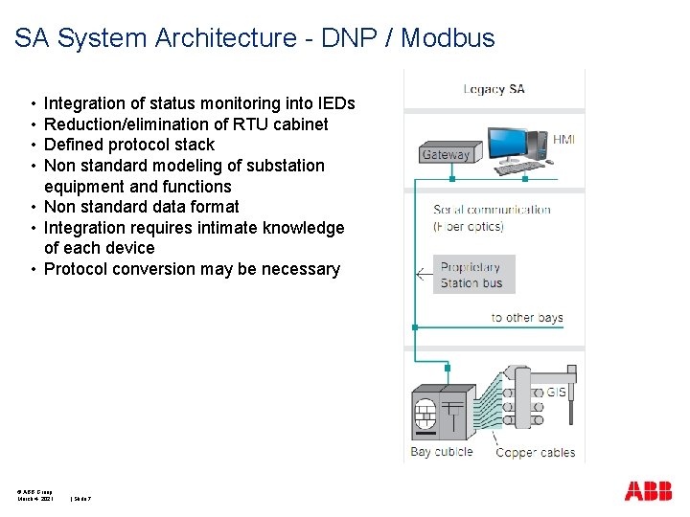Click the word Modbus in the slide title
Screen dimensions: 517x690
pyautogui.click(x=448, y=38)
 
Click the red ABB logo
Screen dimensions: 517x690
pyautogui.click(x=648, y=492)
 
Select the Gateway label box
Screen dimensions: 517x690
pyautogui.click(x=446, y=154)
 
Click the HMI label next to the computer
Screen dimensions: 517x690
pyautogui.click(x=563, y=140)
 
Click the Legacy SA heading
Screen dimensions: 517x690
pyautogui.click(x=494, y=89)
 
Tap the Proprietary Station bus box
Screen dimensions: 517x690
pyautogui.click(x=473, y=275)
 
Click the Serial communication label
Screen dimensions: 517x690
pyautogui.click(x=492, y=210)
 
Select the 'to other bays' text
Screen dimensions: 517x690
pyautogui.click(x=526, y=318)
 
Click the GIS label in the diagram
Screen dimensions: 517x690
pyautogui.click(x=556, y=392)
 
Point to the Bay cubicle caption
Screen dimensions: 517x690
pyautogui.click(x=441, y=452)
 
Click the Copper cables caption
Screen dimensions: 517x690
pyautogui.click(x=535, y=452)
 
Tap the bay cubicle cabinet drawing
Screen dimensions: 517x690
pyautogui.click(x=442, y=413)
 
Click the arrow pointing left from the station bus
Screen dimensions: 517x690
pyautogui.click(x=423, y=275)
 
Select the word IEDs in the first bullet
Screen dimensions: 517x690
pyautogui.click(x=334, y=103)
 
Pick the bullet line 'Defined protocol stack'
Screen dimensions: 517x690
pyautogui.click(x=129, y=145)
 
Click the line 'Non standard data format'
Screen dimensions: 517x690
pyautogui.click(x=142, y=207)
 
